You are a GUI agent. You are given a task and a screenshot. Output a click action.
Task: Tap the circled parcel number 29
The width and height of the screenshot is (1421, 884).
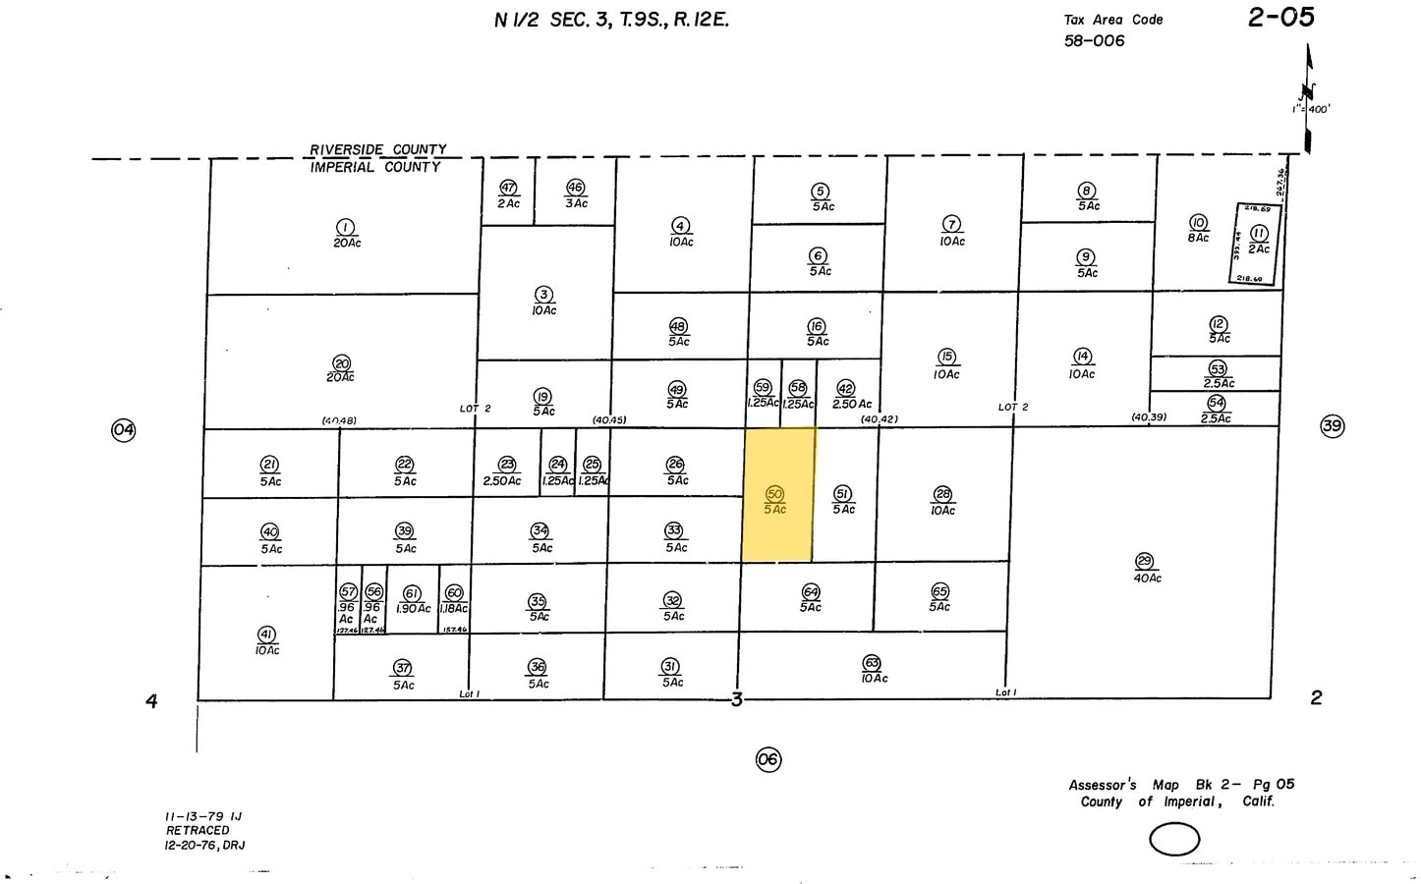click(x=1144, y=561)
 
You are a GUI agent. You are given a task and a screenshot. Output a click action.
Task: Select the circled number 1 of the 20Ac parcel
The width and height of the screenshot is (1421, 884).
click(x=346, y=227)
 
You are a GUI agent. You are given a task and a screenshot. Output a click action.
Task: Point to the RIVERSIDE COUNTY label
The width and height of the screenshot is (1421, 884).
click(x=378, y=150)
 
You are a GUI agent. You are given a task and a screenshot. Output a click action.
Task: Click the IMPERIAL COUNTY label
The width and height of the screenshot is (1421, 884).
click(x=375, y=168)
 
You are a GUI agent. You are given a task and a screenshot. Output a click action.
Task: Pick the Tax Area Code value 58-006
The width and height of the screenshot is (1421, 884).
click(x=1094, y=41)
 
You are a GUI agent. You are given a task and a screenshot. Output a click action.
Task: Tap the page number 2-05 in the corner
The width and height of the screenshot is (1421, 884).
click(x=1280, y=18)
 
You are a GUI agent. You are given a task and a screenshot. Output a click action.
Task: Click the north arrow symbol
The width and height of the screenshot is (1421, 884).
click(x=1308, y=98)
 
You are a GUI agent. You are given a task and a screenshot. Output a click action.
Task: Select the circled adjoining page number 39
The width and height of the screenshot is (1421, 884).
click(x=1332, y=426)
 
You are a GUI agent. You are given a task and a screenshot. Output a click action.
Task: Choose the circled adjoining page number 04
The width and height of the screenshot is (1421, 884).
click(x=123, y=429)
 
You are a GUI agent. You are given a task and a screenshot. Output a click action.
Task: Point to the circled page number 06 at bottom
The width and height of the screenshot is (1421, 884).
click(x=768, y=759)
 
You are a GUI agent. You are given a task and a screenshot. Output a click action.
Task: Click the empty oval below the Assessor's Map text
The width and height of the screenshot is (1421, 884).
click(x=1174, y=840)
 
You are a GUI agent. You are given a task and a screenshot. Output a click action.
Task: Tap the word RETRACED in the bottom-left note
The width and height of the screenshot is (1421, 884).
click(x=198, y=830)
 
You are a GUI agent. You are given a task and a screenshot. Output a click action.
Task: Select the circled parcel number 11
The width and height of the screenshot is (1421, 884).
click(x=1259, y=234)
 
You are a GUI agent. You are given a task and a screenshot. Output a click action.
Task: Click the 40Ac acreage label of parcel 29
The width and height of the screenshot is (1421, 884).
click(x=1147, y=579)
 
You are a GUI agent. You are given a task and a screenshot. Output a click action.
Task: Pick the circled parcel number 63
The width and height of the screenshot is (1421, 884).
click(x=872, y=663)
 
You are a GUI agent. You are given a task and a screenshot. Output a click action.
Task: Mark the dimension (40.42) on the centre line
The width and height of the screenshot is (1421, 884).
click(x=879, y=419)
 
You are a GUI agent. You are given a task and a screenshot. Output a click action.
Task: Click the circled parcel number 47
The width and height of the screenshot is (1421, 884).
click(x=508, y=188)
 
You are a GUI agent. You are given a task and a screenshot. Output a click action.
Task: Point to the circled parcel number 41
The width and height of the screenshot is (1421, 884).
click(x=266, y=635)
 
